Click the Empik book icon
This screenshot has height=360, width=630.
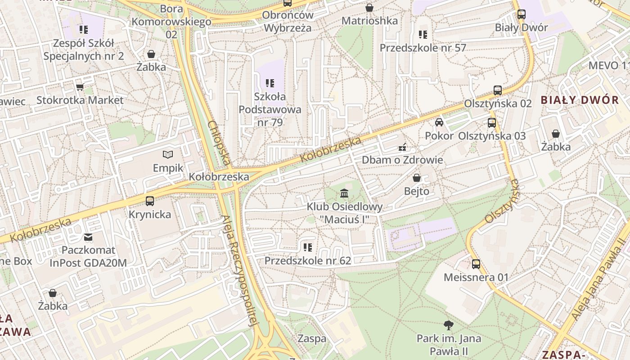168,155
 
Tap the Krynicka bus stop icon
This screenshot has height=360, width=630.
150,201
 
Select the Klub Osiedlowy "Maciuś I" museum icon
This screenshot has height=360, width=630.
344,193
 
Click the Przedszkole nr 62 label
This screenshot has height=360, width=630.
307,261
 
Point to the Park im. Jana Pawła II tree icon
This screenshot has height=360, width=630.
448,325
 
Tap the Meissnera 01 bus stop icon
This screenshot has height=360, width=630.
476,264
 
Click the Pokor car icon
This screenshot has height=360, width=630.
439,122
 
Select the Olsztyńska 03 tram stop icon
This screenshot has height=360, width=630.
492,122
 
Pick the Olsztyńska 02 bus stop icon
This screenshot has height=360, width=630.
498,90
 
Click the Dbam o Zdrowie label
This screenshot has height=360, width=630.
402,160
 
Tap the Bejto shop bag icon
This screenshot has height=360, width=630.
417,178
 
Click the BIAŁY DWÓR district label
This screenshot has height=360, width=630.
580,100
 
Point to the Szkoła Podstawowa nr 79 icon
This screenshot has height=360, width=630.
270,83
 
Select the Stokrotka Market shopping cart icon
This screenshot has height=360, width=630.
80,86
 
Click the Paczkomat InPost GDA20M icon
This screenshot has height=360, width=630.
88,237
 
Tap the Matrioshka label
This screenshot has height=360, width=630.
369,21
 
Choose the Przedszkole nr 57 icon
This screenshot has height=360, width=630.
423,34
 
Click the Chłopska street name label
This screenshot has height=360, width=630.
220,142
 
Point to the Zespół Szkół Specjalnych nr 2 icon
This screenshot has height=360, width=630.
84,30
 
